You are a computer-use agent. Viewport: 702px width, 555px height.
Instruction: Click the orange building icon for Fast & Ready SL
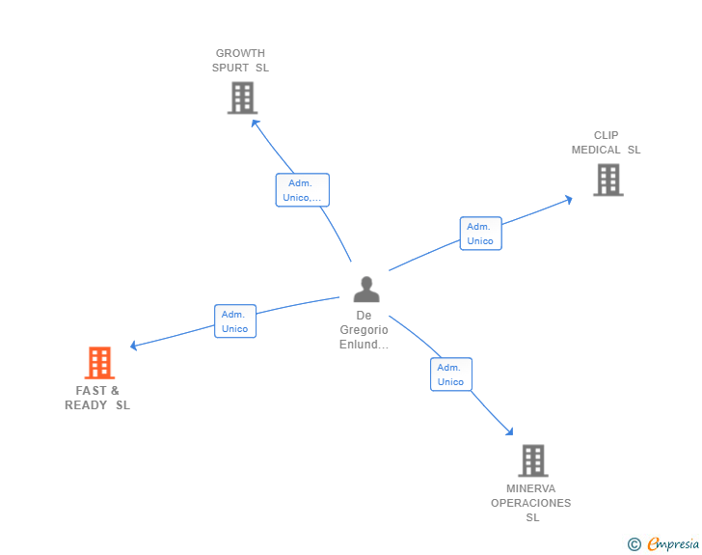pos(99,363)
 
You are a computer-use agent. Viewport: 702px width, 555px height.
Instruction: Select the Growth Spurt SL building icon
pos(242,97)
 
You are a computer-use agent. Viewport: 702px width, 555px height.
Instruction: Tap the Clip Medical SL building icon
pos(608,180)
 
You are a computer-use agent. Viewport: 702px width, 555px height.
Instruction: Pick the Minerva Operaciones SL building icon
pos(533,460)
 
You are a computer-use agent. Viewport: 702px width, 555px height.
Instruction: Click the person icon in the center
pos(366,290)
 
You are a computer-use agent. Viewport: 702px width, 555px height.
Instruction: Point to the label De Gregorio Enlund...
pos(364,330)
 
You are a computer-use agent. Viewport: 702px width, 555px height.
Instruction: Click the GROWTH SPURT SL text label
pos(240,61)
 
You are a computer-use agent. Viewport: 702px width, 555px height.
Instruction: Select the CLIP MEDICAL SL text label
pos(606,143)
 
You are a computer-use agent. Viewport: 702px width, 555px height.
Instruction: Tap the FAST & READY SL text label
pos(97,398)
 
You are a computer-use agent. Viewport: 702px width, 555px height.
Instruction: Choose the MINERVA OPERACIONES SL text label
pos(531,503)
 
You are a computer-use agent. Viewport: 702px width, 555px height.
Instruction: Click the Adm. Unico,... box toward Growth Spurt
pos(303,190)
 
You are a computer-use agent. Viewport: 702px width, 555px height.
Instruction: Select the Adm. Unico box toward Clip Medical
pos(481,234)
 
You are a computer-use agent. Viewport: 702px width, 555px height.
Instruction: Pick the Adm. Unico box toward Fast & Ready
pos(235,321)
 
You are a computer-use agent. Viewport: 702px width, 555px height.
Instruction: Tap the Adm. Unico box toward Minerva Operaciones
pos(451,375)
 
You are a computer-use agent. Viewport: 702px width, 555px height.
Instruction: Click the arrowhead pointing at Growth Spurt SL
pos(256,124)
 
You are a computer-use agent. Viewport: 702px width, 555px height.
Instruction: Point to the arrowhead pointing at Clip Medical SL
pos(569,200)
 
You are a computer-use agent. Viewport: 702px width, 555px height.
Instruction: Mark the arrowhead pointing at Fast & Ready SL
pos(133,346)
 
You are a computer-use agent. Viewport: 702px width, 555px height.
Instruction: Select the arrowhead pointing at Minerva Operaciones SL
pos(509,431)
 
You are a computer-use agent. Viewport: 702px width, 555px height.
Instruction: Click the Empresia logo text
pos(673,543)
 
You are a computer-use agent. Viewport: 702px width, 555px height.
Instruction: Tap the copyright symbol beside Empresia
pos(634,544)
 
